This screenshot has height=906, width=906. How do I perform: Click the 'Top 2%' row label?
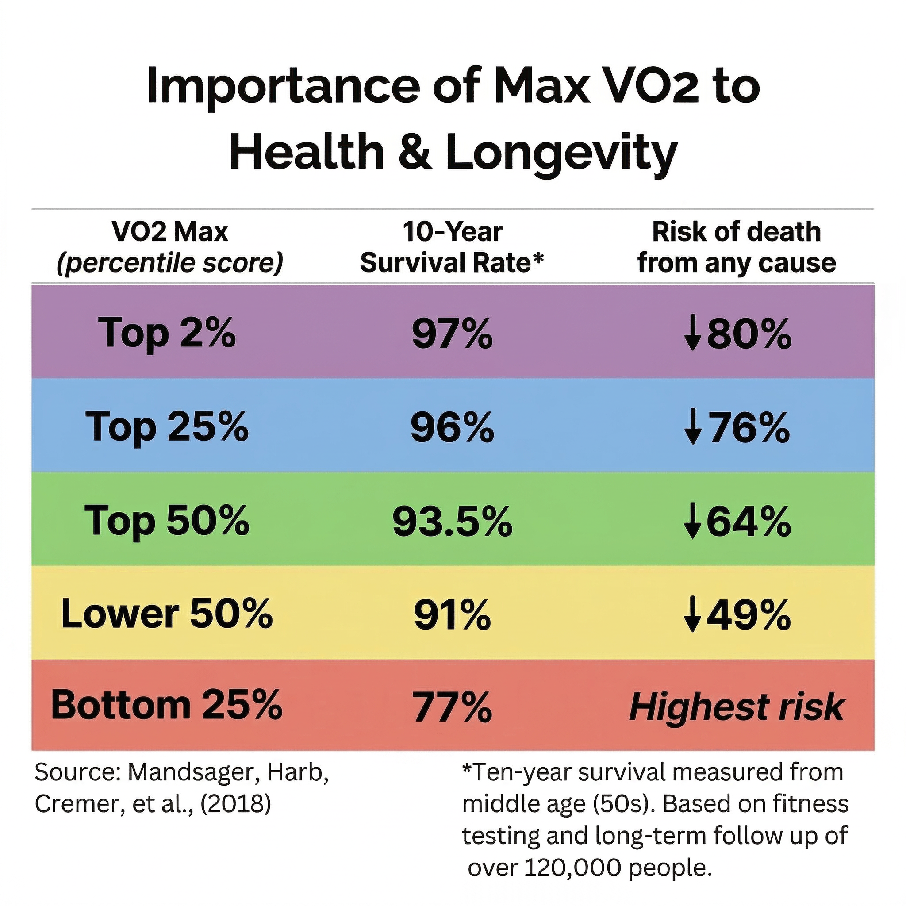[167, 334]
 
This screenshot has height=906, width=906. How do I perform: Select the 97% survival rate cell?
[452, 334]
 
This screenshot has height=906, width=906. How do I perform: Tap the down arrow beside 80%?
[692, 334]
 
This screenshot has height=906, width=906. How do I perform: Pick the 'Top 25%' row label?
[167, 427]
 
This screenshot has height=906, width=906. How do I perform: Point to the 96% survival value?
[452, 427]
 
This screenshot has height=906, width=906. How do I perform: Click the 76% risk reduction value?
[749, 427]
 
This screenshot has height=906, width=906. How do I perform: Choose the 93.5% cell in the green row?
[452, 522]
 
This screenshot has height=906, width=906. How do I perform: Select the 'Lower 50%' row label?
[167, 614]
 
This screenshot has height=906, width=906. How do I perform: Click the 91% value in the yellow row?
[452, 615]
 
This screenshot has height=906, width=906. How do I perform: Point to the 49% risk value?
[749, 615]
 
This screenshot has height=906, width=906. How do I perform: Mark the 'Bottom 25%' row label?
[167, 705]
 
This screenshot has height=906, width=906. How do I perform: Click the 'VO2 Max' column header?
[170, 232]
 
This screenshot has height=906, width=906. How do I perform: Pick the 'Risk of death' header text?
[736, 232]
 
